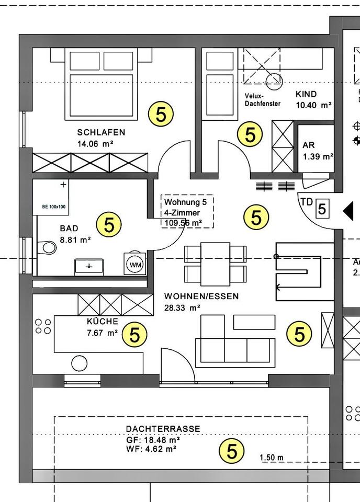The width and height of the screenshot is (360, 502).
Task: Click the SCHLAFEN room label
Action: (x=101, y=132)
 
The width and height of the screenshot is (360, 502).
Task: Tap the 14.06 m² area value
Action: (x=96, y=143)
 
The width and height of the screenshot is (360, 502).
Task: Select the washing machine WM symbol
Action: (x=136, y=265)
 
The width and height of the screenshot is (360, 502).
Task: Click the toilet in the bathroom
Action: (x=48, y=246)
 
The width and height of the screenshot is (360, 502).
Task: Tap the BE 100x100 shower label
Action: (x=53, y=207)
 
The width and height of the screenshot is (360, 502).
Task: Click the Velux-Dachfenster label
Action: (x=262, y=100)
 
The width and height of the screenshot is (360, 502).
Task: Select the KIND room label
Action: (x=306, y=95)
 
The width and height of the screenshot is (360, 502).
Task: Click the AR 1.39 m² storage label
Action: (x=317, y=151)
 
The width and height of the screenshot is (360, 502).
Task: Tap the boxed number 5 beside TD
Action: (x=322, y=209)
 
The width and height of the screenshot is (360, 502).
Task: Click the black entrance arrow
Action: (x=348, y=210)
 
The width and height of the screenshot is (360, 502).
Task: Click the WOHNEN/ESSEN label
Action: (x=201, y=296)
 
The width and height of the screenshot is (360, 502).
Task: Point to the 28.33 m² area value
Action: (x=182, y=307)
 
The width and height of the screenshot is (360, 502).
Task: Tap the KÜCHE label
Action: (x=102, y=322)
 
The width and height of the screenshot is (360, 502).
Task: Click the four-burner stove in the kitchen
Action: (x=43, y=326)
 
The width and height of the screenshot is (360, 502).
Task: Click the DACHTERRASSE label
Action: (x=163, y=429)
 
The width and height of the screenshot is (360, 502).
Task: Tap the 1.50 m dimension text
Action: (x=272, y=458)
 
